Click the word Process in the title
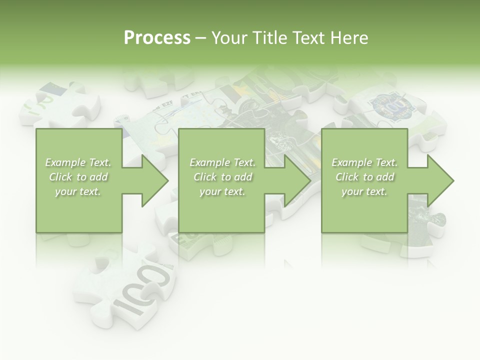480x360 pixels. coord(157,38)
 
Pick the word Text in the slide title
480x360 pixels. coord(308,38)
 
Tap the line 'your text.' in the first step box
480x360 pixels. coord(78,191)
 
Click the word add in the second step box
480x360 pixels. coord(242,177)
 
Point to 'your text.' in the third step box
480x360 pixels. coord(364,191)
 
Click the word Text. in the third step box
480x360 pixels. coord(385,162)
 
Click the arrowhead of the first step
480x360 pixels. coord(152,180)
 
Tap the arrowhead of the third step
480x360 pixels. coord(438,180)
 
